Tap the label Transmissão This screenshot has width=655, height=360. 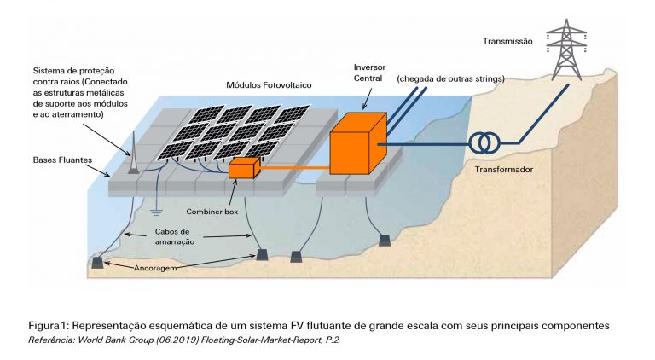tap(507, 40)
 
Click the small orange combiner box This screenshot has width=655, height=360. tap(244, 167)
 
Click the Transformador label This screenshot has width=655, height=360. tap(505, 169)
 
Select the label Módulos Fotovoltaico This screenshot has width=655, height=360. tap(269, 85)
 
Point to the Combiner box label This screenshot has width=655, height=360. tap(213, 210)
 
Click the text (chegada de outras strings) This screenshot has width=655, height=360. tap(450, 78)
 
